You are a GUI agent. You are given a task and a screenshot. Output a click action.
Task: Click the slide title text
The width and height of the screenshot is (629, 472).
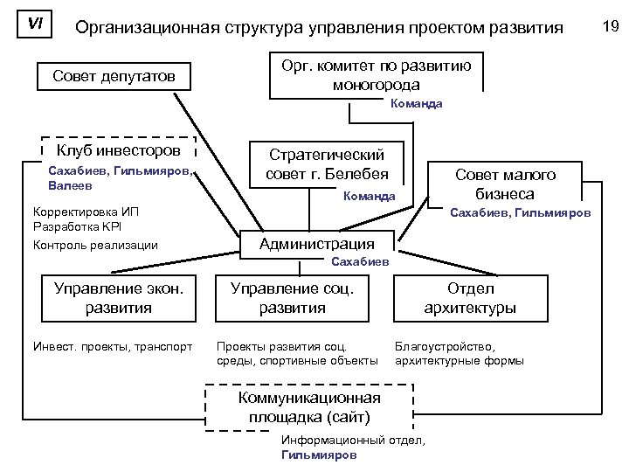tap(319, 28)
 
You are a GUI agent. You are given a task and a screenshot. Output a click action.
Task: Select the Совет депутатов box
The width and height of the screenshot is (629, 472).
tap(114, 77)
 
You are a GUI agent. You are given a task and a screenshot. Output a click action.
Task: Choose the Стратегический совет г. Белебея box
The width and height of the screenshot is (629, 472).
tap(327, 163)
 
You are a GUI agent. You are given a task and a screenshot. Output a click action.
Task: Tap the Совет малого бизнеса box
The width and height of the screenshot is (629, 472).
tap(505, 184)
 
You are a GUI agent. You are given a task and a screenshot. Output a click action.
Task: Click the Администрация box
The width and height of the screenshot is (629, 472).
tap(316, 244)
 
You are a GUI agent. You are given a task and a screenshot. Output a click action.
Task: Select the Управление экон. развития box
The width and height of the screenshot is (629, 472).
tap(118, 297)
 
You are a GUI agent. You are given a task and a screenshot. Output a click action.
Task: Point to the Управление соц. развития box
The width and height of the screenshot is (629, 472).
tap(292, 297)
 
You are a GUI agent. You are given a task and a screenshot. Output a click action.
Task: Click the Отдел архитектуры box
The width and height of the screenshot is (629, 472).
tap(470, 297)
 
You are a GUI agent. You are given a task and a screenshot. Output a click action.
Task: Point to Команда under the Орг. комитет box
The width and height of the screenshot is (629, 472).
tap(417, 103)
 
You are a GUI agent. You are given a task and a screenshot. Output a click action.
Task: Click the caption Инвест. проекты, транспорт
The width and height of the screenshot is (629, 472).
tap(111, 345)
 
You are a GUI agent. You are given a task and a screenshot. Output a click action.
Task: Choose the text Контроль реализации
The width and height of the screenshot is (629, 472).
tap(95, 245)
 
